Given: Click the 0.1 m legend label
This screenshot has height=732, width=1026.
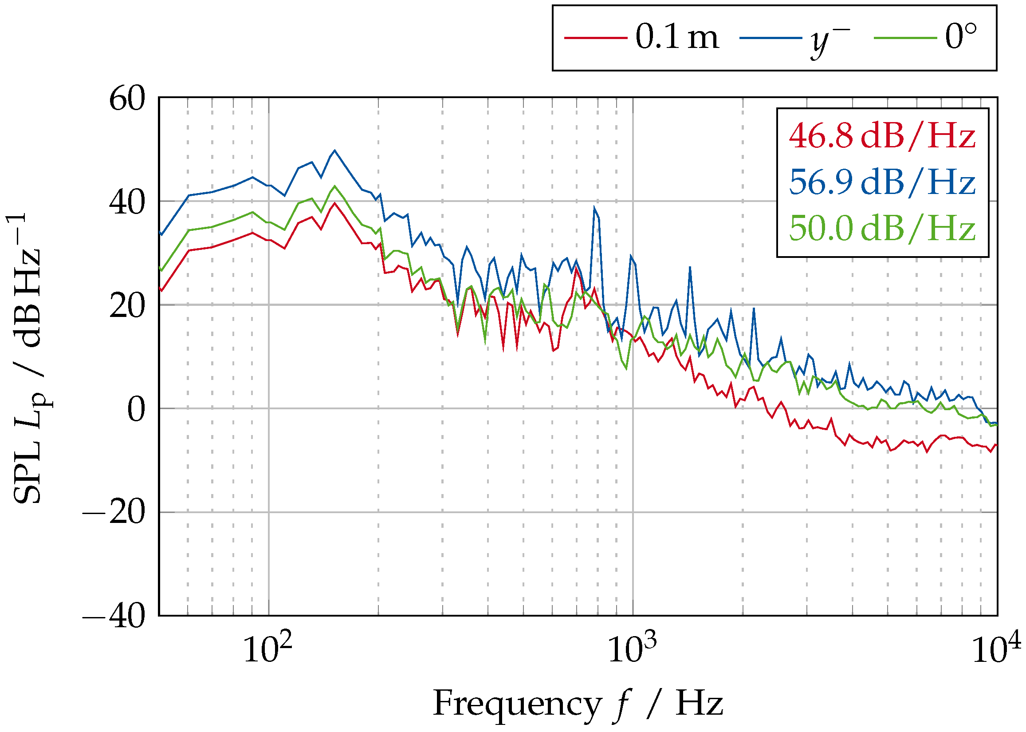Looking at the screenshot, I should [x=676, y=37].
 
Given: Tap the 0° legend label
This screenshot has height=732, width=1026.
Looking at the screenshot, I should [x=961, y=37].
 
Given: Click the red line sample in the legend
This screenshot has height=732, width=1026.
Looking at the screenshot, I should [x=595, y=38].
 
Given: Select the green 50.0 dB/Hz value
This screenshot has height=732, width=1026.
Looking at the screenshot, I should [x=882, y=229].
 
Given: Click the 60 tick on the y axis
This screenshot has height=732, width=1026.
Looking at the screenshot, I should [x=127, y=99].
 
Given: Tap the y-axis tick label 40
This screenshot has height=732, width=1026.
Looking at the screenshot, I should [x=127, y=202].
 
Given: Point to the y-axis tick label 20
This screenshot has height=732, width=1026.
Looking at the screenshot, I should [x=127, y=306].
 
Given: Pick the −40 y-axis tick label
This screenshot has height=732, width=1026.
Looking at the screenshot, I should [x=114, y=616].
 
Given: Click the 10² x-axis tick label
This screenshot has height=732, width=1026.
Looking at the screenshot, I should [x=267, y=649].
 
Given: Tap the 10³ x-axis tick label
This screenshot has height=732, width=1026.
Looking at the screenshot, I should [x=632, y=649].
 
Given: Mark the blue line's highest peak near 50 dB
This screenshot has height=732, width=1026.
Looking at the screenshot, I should [x=334, y=150].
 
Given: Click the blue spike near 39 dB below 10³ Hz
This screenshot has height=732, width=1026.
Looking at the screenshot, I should [x=594, y=207].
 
